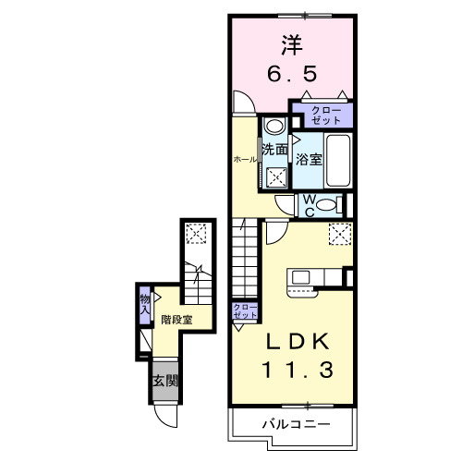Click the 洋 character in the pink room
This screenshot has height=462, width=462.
(292, 43)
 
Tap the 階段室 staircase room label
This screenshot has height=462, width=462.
(176, 321)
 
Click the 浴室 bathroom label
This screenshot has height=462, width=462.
(308, 158)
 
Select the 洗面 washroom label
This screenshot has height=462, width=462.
(274, 151)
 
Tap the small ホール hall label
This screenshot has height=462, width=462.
(244, 159)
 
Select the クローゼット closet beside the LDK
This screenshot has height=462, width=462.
(244, 310)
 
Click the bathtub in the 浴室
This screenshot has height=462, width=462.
(339, 161)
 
